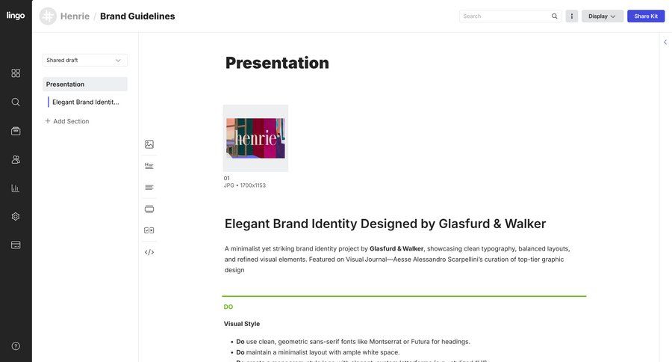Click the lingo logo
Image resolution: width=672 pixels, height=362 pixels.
pyautogui.click(x=16, y=16)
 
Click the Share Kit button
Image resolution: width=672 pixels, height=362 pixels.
pyautogui.click(x=646, y=16)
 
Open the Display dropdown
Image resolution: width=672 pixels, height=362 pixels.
pyautogui.click(x=602, y=16)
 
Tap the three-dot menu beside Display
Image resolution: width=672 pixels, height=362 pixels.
pyautogui.click(x=572, y=16)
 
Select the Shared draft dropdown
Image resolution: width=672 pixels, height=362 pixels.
pyautogui.click(x=84, y=60)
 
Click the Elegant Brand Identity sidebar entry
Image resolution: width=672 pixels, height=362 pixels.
pyautogui.click(x=86, y=102)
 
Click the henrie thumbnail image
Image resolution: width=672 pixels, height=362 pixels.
pyautogui.click(x=255, y=138)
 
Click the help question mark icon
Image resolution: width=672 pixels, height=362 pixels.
pyautogui.click(x=16, y=346)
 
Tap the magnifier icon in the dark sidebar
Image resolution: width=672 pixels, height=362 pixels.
pyautogui.click(x=16, y=102)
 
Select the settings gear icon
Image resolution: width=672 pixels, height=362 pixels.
pyautogui.click(x=16, y=216)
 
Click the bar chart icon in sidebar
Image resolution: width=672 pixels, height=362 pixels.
pyautogui.click(x=16, y=188)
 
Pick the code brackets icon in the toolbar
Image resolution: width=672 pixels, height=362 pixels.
pyautogui.click(x=149, y=252)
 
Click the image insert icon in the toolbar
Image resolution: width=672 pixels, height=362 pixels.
pyautogui.click(x=149, y=144)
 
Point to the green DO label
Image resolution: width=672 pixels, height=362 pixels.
pyautogui.click(x=228, y=307)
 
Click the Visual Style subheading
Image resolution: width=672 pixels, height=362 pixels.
pyautogui.click(x=242, y=324)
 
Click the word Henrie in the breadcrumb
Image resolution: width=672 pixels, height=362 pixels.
pyautogui.click(x=75, y=16)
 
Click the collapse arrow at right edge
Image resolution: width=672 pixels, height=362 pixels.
pyautogui.click(x=665, y=42)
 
